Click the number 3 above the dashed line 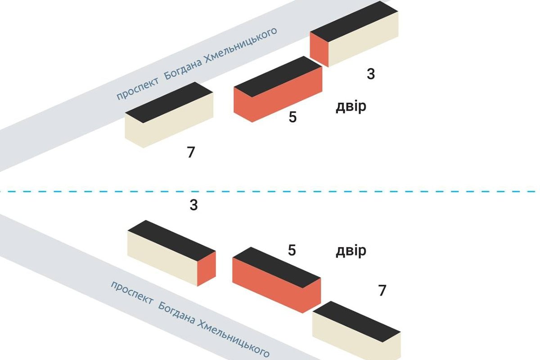point(370,74)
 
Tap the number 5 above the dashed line point(293,117)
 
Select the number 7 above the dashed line point(191,153)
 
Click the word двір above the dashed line point(351,107)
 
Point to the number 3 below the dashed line point(193,206)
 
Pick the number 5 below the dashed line point(292,250)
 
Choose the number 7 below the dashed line point(382,291)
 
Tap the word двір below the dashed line point(351,251)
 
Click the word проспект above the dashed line point(137,88)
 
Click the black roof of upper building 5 point(278,76)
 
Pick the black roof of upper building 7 point(169,102)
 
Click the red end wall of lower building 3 point(207,269)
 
